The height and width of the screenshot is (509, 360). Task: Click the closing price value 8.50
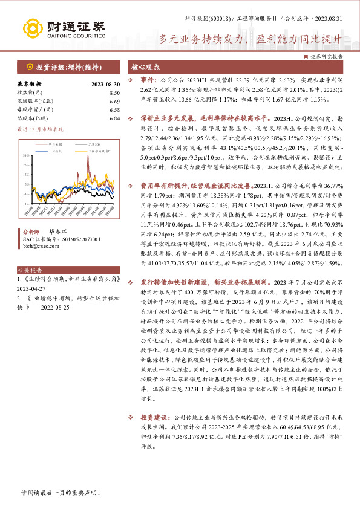114,92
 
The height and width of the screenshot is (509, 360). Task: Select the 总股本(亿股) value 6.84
114,118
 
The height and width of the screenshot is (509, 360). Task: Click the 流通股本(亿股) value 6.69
114,102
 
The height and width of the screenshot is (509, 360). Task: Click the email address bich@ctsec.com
40,246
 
